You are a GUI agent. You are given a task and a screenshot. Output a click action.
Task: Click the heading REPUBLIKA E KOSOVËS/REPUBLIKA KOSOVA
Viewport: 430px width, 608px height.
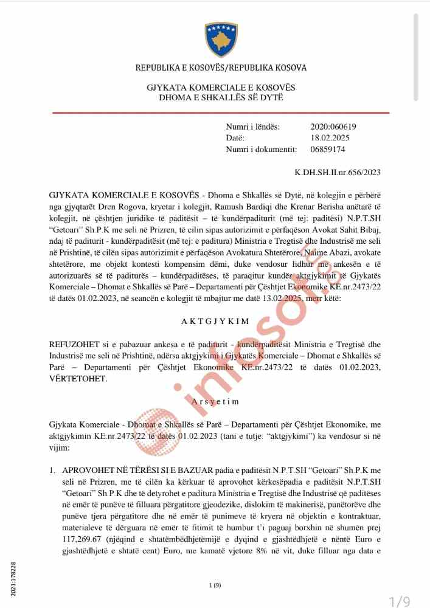coord(221,67)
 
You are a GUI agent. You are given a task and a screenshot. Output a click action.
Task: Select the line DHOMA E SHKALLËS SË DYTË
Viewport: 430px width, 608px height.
coord(221,97)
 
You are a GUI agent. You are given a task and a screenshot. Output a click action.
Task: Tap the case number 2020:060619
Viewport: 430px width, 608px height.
coord(333,126)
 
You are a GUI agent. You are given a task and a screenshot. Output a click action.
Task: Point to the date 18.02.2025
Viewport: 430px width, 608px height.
coord(330,137)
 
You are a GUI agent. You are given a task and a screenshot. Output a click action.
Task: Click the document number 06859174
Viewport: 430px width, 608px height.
coord(328,149)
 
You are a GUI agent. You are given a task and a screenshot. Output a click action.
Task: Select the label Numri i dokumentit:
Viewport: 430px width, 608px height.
coord(261,149)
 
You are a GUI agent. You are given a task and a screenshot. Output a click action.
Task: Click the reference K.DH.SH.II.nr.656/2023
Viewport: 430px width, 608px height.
coord(338,172)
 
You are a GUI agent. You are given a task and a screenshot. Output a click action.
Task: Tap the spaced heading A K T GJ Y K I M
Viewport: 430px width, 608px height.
coord(215,319)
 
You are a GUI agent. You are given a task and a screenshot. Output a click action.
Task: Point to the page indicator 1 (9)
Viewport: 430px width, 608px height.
coord(215,585)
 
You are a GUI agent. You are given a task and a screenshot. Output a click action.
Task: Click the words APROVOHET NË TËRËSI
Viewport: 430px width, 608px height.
coord(104,471)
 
